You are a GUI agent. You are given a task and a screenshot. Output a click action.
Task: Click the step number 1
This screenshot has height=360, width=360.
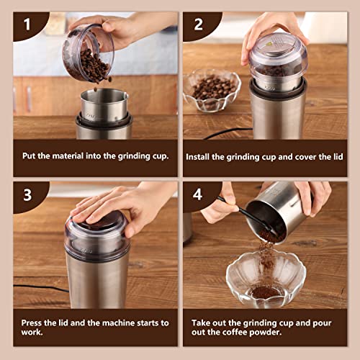point(27,24)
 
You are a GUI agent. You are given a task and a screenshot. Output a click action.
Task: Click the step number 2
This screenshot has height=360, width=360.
point(198,24)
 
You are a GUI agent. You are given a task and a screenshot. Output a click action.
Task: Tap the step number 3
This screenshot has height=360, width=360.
point(27,195)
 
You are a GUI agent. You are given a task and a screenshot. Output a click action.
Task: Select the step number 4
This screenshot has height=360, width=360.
point(197,194)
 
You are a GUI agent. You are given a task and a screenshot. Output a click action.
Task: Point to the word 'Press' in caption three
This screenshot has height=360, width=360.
point(31,323)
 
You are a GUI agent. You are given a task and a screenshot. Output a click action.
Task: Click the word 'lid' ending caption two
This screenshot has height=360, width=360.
point(338,157)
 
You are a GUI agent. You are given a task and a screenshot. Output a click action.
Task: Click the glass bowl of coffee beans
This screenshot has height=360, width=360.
point(212,90)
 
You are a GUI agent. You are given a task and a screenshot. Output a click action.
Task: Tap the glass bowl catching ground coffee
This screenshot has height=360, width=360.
point(266,279)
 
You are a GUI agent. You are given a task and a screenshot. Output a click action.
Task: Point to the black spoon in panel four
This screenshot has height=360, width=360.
point(250,217)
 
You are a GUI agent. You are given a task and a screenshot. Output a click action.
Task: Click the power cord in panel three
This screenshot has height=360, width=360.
point(41,288)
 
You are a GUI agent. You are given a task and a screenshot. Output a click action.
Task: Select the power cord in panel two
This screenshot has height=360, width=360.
point(228,133)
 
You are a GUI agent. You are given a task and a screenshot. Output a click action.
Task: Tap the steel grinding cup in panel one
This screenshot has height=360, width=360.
point(104,106)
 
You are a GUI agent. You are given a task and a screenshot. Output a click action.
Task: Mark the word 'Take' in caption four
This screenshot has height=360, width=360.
point(201,323)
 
